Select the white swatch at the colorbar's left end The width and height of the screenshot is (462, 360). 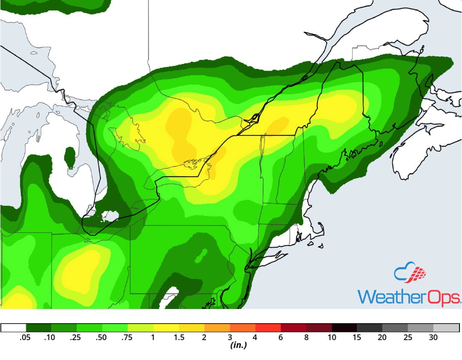(x=14, y=328)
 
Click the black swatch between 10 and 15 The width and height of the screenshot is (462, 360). (x=345, y=328)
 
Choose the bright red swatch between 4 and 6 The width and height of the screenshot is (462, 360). (x=268, y=328)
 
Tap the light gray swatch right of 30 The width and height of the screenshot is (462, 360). (x=447, y=328)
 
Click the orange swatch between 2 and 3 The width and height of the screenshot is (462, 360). (x=217, y=328)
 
